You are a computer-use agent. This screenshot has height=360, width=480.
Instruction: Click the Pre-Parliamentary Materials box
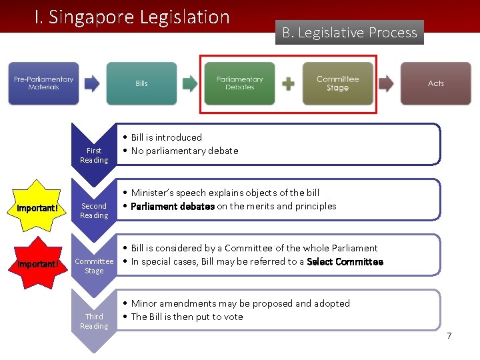43,83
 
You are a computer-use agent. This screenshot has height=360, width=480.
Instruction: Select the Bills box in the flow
141,83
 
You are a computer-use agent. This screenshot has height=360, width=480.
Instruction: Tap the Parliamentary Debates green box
239,83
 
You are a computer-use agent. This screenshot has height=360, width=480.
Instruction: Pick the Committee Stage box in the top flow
337,83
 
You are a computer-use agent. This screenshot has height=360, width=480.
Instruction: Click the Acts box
435,83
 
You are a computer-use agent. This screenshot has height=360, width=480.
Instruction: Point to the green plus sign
288,84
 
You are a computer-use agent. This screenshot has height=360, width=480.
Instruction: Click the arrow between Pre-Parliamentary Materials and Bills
92,83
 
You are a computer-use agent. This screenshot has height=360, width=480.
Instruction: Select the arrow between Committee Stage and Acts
386,83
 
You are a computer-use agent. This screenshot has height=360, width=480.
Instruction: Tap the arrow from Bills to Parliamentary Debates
190,83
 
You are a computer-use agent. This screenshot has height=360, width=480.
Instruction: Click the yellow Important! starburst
38,208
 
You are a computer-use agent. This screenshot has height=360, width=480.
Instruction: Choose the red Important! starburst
38,263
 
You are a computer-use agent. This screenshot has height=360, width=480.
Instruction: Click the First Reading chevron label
94,155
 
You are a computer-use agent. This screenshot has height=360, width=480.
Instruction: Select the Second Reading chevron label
94,211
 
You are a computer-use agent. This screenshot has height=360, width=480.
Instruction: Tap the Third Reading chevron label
94,321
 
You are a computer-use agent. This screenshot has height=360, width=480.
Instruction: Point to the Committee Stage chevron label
94,266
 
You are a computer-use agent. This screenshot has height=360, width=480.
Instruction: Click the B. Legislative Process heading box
349,33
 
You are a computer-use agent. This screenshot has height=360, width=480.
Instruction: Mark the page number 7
449,335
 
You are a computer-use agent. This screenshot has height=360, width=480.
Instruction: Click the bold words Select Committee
345,262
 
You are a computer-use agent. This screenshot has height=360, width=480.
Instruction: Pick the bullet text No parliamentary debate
185,151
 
